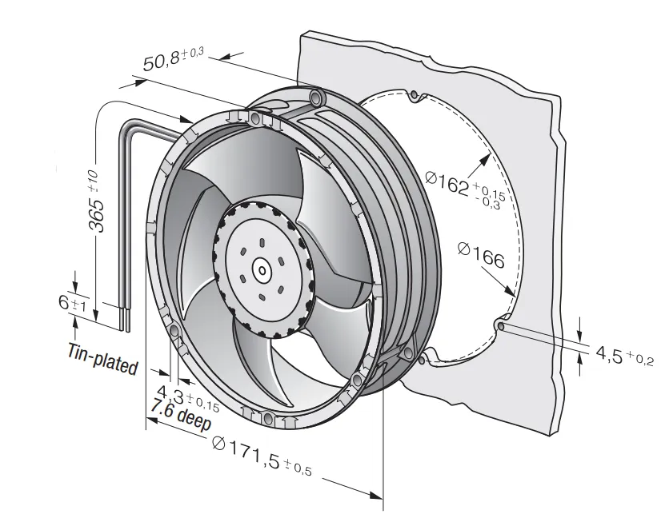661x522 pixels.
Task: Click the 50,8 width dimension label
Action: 174,59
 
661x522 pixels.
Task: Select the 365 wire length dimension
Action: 98,201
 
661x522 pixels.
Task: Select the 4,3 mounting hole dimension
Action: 188,397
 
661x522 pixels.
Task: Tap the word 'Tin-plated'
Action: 103,359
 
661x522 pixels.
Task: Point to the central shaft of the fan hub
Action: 262,270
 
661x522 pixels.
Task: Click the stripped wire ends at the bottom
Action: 125,321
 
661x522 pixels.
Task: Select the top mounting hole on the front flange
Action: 254,120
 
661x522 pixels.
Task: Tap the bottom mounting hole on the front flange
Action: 267,418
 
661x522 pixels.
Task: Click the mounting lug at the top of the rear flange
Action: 317,98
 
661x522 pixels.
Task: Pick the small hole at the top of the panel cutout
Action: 415,94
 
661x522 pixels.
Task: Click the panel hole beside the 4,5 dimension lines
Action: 500,326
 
